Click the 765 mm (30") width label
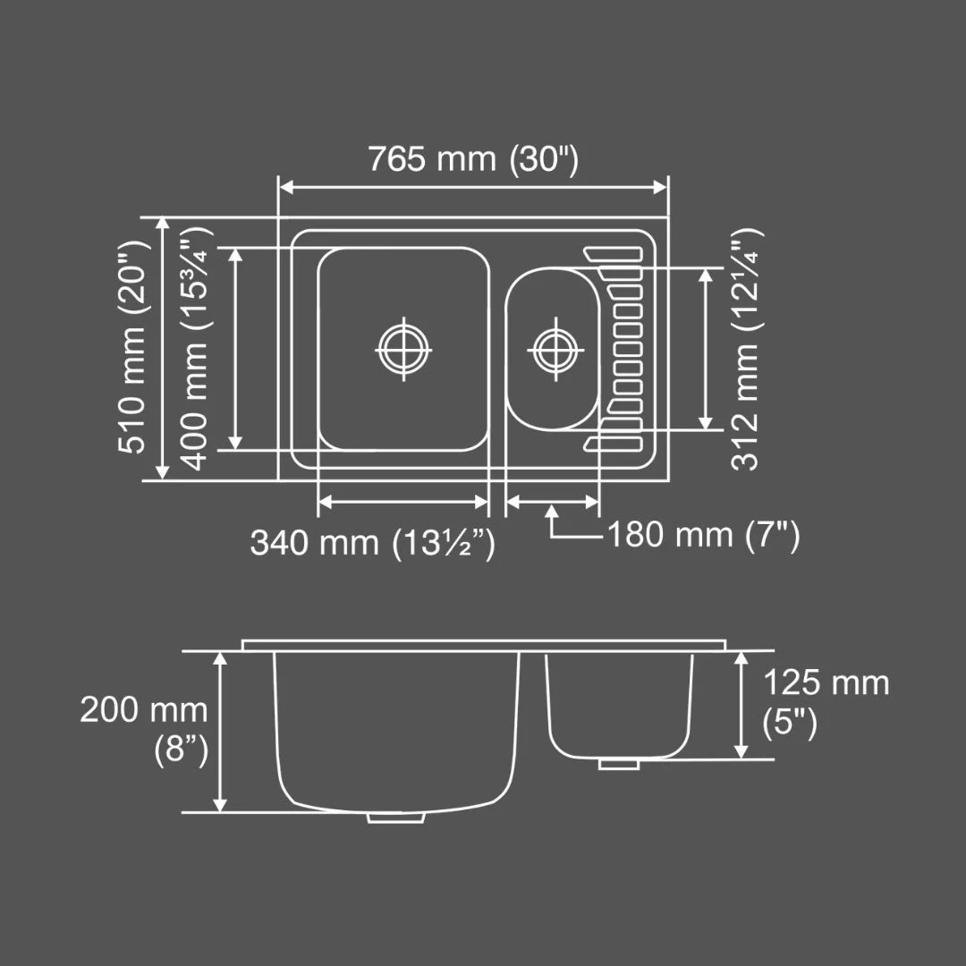(x=474, y=159)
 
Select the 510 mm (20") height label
(x=135, y=347)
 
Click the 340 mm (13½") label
(x=372, y=543)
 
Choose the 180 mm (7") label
(x=703, y=536)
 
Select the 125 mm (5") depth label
(x=825, y=702)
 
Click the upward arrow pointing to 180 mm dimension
(x=553, y=513)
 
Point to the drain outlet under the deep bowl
(x=396, y=817)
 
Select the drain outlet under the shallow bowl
(x=617, y=764)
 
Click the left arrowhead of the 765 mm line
(x=284, y=186)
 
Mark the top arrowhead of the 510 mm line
(x=162, y=224)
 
